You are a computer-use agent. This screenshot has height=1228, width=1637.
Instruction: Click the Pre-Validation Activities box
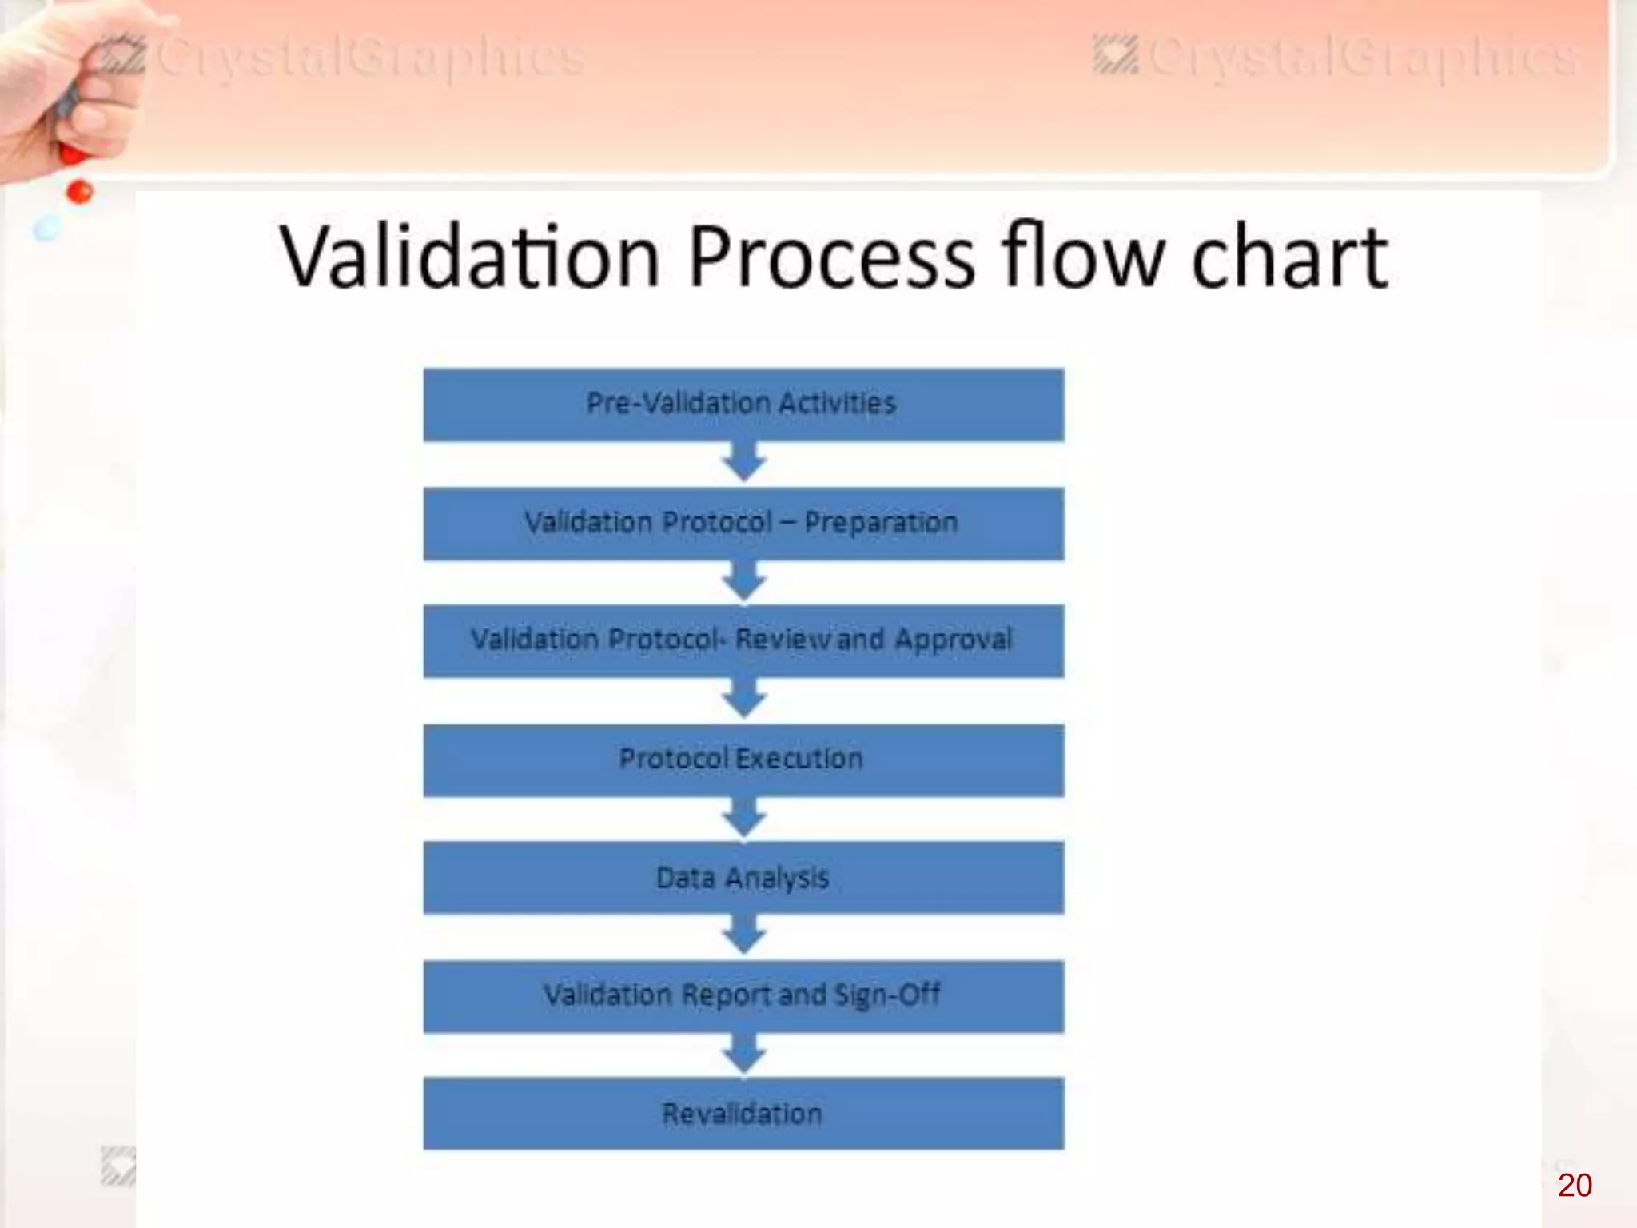click(x=743, y=404)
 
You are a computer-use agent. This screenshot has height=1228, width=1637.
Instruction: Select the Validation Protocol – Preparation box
click(x=743, y=524)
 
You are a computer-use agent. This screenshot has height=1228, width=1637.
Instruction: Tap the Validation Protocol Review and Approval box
click(x=743, y=640)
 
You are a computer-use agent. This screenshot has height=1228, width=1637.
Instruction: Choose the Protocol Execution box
click(x=743, y=760)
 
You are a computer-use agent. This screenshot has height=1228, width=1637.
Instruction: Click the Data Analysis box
click(x=743, y=878)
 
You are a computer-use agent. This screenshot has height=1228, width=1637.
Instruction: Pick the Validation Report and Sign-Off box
click(x=743, y=995)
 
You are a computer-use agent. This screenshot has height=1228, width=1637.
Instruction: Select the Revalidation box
click(x=743, y=1114)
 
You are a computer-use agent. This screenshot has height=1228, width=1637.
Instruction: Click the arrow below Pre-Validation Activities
click(x=744, y=463)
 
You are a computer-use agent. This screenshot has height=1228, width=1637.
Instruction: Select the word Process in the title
click(x=831, y=257)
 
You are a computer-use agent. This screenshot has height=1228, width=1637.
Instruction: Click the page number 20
click(x=1574, y=1185)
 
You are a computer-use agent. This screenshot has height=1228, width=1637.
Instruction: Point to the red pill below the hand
click(x=80, y=192)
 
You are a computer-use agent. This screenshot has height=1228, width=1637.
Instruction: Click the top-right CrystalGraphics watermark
click(x=1335, y=58)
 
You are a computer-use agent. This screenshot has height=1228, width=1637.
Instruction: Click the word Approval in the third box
click(x=953, y=640)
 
